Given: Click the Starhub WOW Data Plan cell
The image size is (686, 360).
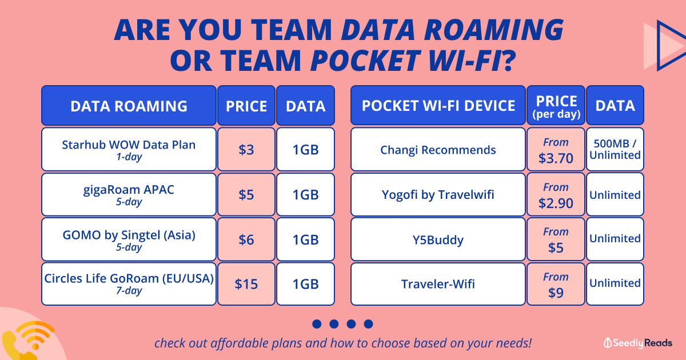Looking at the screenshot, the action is [x=129, y=149].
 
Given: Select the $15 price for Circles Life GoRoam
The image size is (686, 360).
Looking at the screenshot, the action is [x=246, y=284].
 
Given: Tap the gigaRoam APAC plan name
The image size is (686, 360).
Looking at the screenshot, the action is [x=129, y=190].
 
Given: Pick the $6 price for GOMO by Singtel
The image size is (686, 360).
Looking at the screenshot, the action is [x=246, y=239].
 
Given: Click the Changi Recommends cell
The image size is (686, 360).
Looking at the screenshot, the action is [x=438, y=149].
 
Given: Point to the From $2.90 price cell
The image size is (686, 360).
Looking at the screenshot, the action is [x=556, y=195].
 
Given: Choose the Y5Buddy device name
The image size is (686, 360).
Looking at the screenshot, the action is [x=438, y=239].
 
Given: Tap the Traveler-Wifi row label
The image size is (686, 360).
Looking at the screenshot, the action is [x=438, y=284].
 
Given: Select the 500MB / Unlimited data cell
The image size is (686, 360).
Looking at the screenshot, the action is [x=615, y=149].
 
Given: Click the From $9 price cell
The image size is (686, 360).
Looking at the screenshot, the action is [x=556, y=284].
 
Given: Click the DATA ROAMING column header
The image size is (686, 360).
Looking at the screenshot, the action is [x=129, y=105].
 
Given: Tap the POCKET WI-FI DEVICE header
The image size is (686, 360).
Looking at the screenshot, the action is [x=438, y=105].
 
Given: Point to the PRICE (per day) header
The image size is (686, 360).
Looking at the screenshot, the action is [x=556, y=105].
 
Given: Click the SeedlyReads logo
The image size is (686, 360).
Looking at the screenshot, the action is [x=637, y=343].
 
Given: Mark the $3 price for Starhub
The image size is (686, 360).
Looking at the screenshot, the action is [x=246, y=149].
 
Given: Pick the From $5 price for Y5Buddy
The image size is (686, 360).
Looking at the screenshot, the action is [x=556, y=239].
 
